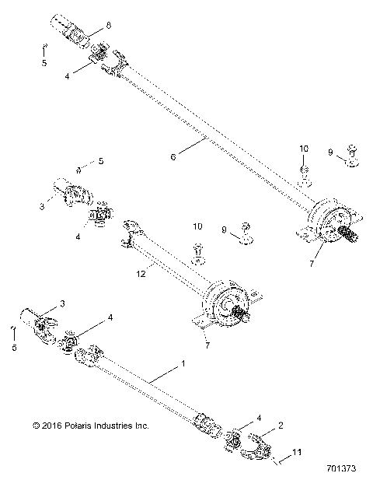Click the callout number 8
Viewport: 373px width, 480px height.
coord(109,25)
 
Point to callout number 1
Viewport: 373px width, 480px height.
coord(183,363)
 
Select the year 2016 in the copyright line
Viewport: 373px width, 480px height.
coord(51,426)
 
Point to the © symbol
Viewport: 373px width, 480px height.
coord(36,426)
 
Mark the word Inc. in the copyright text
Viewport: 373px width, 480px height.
coord(141,426)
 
